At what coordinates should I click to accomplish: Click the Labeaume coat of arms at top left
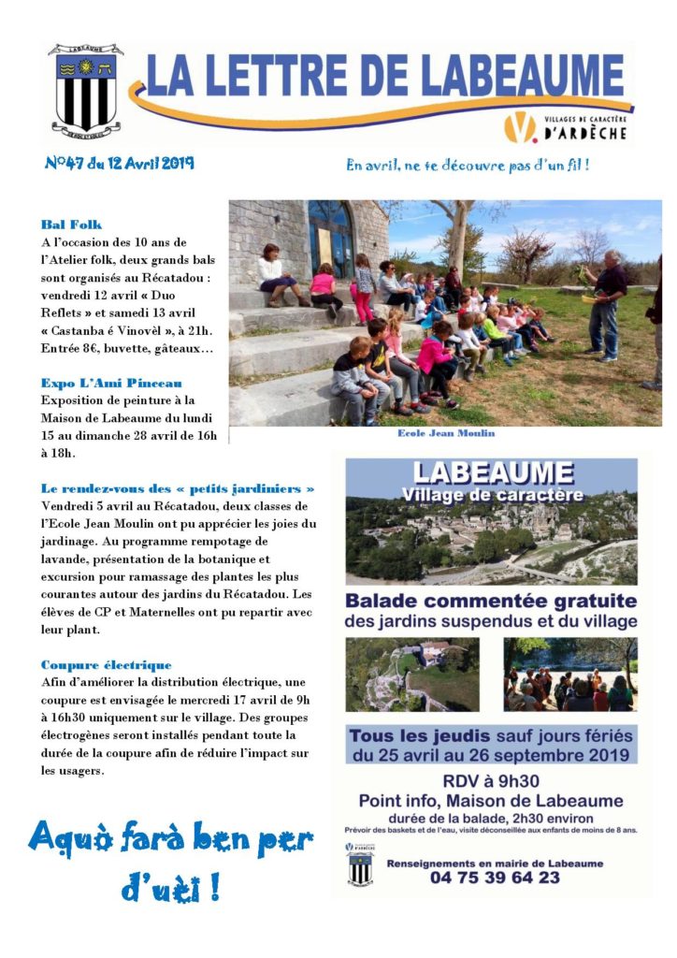pos(85,89)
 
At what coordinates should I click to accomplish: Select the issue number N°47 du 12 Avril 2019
pos(119,163)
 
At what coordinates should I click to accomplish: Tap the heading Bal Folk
pos(71,225)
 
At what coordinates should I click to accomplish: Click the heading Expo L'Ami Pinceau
pos(111,383)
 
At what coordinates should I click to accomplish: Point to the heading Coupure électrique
pos(107,664)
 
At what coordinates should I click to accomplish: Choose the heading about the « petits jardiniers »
pos(178,488)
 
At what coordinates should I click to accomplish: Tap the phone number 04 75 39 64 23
pos(496,878)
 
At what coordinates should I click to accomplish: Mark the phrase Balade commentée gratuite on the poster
pos(491,601)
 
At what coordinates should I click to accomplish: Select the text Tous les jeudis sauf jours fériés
pos(491,733)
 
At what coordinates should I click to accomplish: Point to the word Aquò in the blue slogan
pos(78,838)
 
